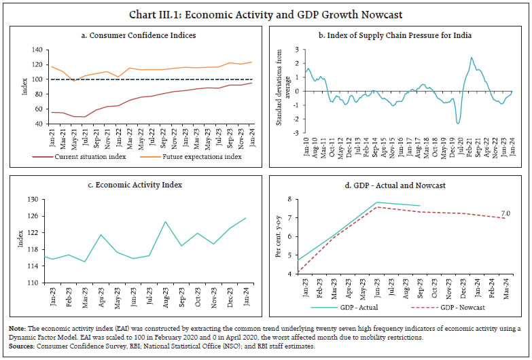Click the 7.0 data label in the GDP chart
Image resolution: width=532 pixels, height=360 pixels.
click(506, 214)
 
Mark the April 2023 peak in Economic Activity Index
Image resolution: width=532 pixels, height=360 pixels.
click(101, 235)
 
